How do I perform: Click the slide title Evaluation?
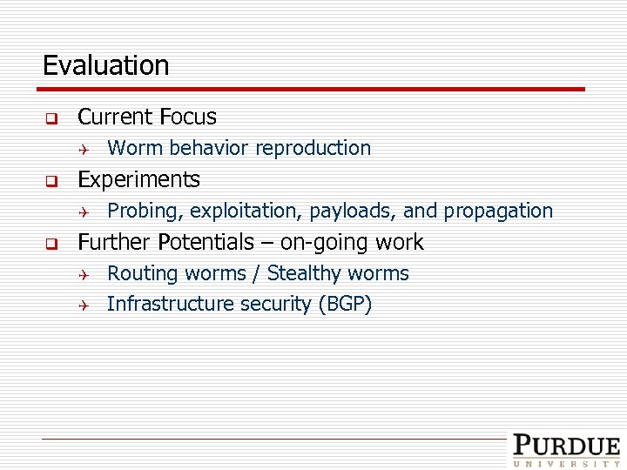coord(105,65)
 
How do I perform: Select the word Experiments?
coord(138,179)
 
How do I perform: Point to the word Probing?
coord(143,211)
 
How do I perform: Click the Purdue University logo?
coord(565,450)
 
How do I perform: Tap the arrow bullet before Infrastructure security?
coord(83,305)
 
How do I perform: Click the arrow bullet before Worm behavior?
coord(83,149)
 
